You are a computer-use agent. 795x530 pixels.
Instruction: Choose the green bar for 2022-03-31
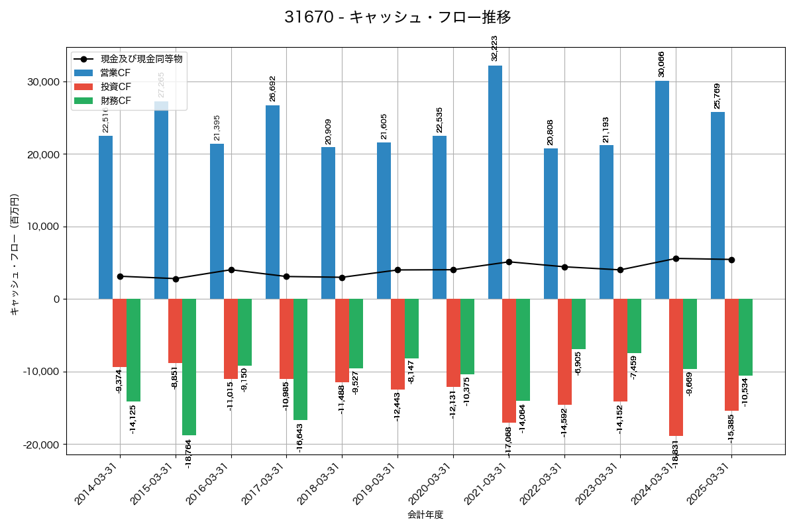pyautogui.click(x=578, y=324)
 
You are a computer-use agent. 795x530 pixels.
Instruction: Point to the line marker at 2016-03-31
pyautogui.click(x=231, y=270)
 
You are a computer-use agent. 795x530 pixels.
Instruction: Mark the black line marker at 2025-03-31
pyautogui.click(x=731, y=260)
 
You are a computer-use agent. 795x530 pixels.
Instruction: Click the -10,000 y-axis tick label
pyautogui.click(x=40, y=372)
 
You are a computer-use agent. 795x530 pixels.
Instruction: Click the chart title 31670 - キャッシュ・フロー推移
pyautogui.click(x=397, y=17)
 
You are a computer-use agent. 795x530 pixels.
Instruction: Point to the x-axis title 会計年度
pyautogui.click(x=425, y=515)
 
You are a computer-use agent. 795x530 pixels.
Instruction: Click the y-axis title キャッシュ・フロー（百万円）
pyautogui.click(x=15, y=254)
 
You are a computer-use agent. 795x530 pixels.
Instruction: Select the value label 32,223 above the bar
pyautogui.click(x=494, y=48)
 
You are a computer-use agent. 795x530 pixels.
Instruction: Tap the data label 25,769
pyautogui.click(x=717, y=96)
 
